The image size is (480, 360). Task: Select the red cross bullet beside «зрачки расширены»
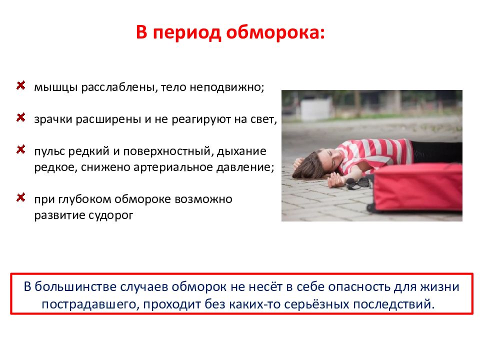[21, 117]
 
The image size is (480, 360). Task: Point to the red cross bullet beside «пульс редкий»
[21, 149]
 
